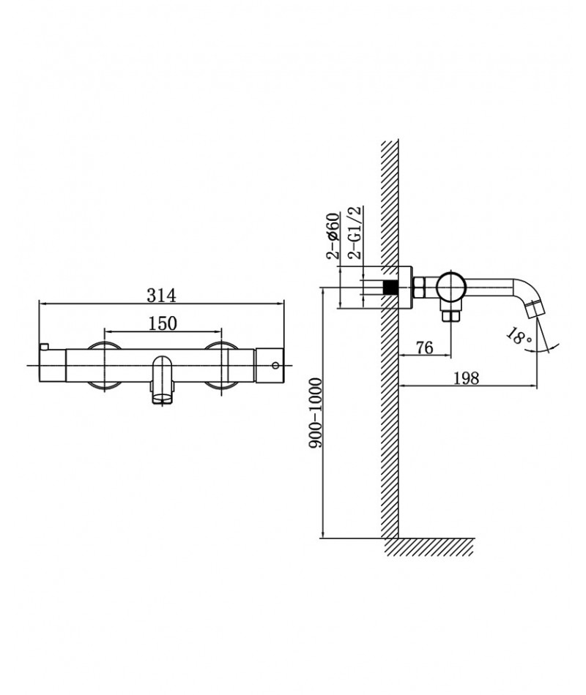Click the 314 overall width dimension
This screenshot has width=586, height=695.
click(x=162, y=296)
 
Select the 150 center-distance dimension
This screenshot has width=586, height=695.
click(x=163, y=323)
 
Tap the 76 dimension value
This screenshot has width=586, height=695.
click(x=424, y=347)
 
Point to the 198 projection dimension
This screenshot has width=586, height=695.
click(x=467, y=378)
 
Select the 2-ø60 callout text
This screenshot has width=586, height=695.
click(x=333, y=236)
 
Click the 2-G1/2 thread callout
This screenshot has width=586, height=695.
click(x=356, y=232)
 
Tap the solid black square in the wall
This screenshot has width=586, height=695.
click(x=390, y=288)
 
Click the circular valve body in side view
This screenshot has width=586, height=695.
click(x=451, y=287)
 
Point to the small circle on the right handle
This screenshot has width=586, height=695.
click(x=275, y=365)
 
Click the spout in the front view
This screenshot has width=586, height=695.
click(x=162, y=380)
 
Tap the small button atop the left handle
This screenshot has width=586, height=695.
click(x=43, y=347)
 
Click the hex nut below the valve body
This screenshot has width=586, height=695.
click(x=450, y=315)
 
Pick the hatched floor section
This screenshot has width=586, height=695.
click(x=429, y=547)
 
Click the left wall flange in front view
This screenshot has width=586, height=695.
click(x=104, y=365)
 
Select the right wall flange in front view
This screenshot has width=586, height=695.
click(x=220, y=365)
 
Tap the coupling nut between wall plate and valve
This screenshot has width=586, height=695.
click(x=420, y=288)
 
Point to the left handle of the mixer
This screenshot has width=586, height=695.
click(x=53, y=365)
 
